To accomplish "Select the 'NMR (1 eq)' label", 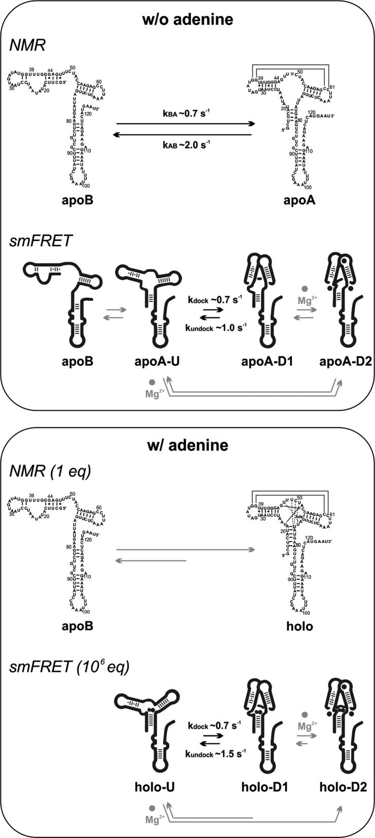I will point(50,471).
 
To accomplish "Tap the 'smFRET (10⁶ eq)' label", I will point(69,667).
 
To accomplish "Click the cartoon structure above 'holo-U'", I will point(152,725).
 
